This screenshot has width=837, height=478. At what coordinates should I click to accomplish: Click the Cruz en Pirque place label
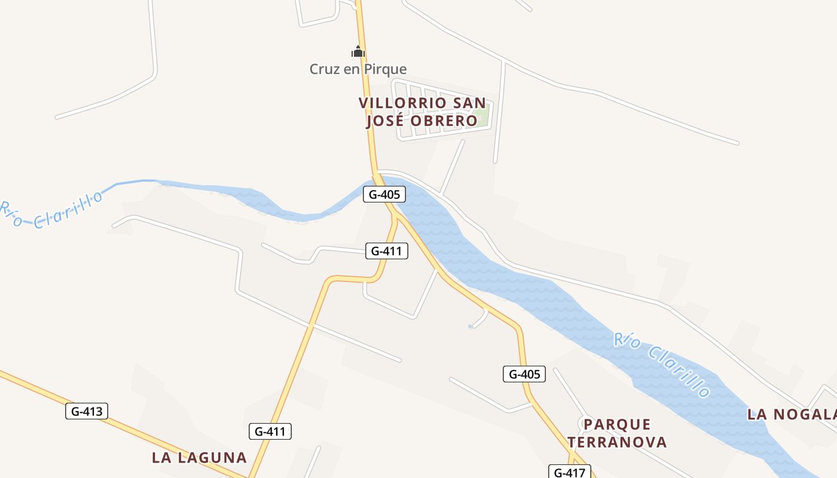pyautogui.click(x=358, y=69)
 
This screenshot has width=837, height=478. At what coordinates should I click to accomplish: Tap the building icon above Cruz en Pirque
pyautogui.click(x=358, y=52)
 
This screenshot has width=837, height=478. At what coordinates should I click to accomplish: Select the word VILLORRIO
pyautogui.click(x=402, y=103)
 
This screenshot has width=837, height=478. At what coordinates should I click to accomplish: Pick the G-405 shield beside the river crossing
pyautogui.click(x=384, y=194)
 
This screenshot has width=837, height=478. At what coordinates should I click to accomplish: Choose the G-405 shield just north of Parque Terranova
pyautogui.click(x=524, y=375)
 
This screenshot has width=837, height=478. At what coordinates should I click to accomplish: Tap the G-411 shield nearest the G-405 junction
pyautogui.click(x=387, y=251)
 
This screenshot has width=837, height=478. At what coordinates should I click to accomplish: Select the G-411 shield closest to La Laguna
pyautogui.click(x=270, y=431)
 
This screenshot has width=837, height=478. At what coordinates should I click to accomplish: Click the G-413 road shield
pyautogui.click(x=87, y=411)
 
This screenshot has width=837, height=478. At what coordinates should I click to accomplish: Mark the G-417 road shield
pyautogui.click(x=570, y=472)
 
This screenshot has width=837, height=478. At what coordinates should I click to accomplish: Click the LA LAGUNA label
pyautogui.click(x=199, y=458)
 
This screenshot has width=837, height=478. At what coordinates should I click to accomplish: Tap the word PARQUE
pyautogui.click(x=617, y=425)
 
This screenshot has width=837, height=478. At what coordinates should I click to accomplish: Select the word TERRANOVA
pyautogui.click(x=617, y=442)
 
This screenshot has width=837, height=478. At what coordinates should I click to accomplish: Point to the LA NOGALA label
pyautogui.click(x=791, y=414)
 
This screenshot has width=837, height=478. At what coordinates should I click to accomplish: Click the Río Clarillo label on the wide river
pyautogui.click(x=662, y=364)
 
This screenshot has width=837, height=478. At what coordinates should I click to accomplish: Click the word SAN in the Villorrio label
pyautogui.click(x=469, y=103)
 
